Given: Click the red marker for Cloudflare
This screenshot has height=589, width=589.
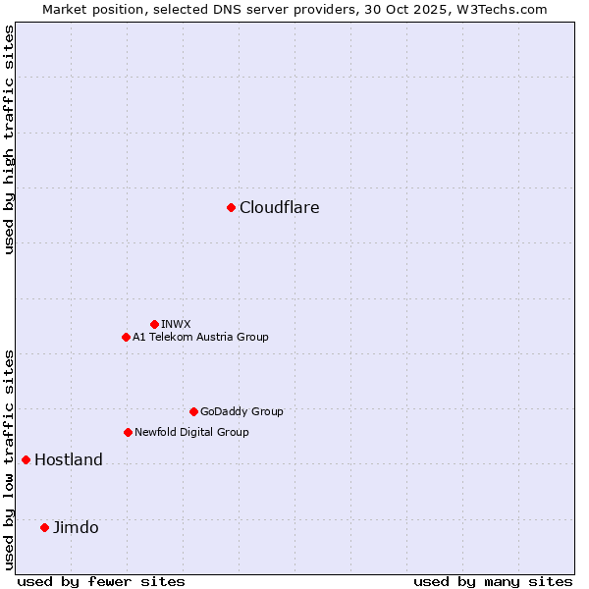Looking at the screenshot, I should [x=231, y=207].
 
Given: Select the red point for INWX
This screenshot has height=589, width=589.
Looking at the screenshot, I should [x=154, y=324].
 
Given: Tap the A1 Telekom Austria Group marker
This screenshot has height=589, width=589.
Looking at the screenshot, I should [x=126, y=337].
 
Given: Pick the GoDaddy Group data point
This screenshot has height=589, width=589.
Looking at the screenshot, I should [x=193, y=411].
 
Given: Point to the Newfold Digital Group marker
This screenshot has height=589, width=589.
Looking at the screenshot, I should [x=128, y=432].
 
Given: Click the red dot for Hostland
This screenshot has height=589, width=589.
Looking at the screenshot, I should [x=26, y=459].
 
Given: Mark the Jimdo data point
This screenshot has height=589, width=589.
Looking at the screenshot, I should [x=44, y=527].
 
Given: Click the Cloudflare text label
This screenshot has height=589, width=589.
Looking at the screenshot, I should [x=279, y=207].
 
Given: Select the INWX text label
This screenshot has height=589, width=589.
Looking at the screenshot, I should [x=176, y=324].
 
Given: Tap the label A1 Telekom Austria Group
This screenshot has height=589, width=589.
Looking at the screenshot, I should [x=200, y=337].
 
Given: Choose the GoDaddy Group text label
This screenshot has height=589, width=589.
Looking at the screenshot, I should [x=241, y=411].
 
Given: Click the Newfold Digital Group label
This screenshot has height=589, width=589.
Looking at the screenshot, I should [x=191, y=432].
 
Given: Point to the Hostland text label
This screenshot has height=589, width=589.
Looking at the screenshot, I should [x=68, y=459].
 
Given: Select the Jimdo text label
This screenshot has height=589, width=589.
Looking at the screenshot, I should [x=76, y=527].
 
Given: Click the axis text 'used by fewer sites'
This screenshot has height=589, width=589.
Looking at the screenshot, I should [x=101, y=581].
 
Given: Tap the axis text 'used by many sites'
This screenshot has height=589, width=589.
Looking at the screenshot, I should [x=493, y=581].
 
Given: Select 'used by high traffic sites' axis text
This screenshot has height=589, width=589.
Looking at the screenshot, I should [x=9, y=139].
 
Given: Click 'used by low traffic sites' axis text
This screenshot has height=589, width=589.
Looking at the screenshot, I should [x=9, y=458].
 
